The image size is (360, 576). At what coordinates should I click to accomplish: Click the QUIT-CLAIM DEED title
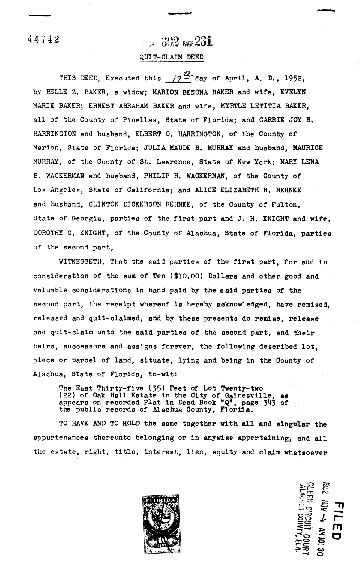click(x=172, y=57)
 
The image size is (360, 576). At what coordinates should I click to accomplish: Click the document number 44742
click(x=43, y=39)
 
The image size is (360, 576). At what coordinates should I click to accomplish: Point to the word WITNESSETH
click(x=81, y=261)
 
